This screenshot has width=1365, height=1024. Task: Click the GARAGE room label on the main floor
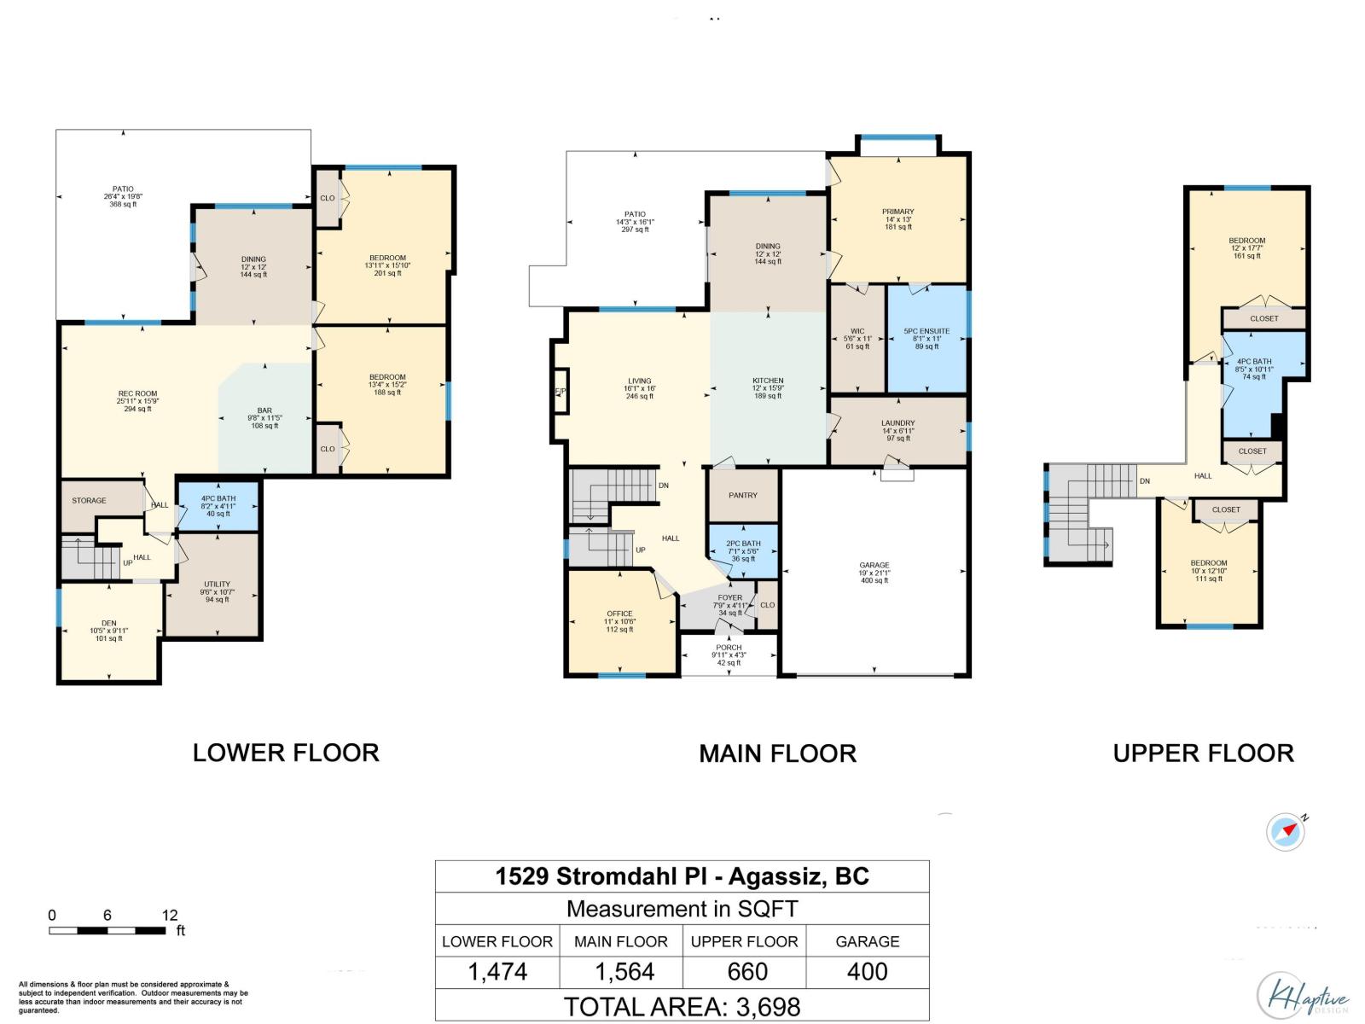pyautogui.click(x=874, y=566)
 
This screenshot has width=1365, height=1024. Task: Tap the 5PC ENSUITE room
pyautogui.click(x=926, y=338)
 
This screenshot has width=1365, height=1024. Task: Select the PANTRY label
pyautogui.click(x=743, y=495)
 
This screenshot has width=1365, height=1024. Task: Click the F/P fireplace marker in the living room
pyautogui.click(x=561, y=392)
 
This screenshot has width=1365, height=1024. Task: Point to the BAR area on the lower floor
pyautogui.click(x=264, y=417)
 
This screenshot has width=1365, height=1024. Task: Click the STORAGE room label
pyautogui.click(x=89, y=501)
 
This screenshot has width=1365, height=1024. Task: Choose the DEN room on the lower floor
pyautogui.click(x=108, y=631)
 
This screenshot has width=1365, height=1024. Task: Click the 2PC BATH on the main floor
pyautogui.click(x=743, y=550)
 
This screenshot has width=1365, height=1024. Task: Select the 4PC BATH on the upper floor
pyautogui.click(x=1253, y=369)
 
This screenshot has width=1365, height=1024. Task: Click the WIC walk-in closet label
pyautogui.click(x=857, y=338)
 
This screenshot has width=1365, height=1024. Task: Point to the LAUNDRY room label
pyautogui.click(x=897, y=429)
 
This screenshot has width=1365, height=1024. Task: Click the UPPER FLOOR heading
pyautogui.click(x=1203, y=753)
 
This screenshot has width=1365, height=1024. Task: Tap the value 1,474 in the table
pyautogui.click(x=497, y=972)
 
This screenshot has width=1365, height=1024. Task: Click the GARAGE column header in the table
pyautogui.click(x=867, y=941)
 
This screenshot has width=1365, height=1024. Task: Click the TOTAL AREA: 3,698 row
pyautogui.click(x=682, y=1006)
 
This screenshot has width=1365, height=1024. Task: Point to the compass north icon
pyautogui.click(x=1287, y=832)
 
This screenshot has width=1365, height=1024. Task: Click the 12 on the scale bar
pyautogui.click(x=169, y=915)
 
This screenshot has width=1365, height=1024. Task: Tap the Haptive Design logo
pyautogui.click(x=1302, y=995)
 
